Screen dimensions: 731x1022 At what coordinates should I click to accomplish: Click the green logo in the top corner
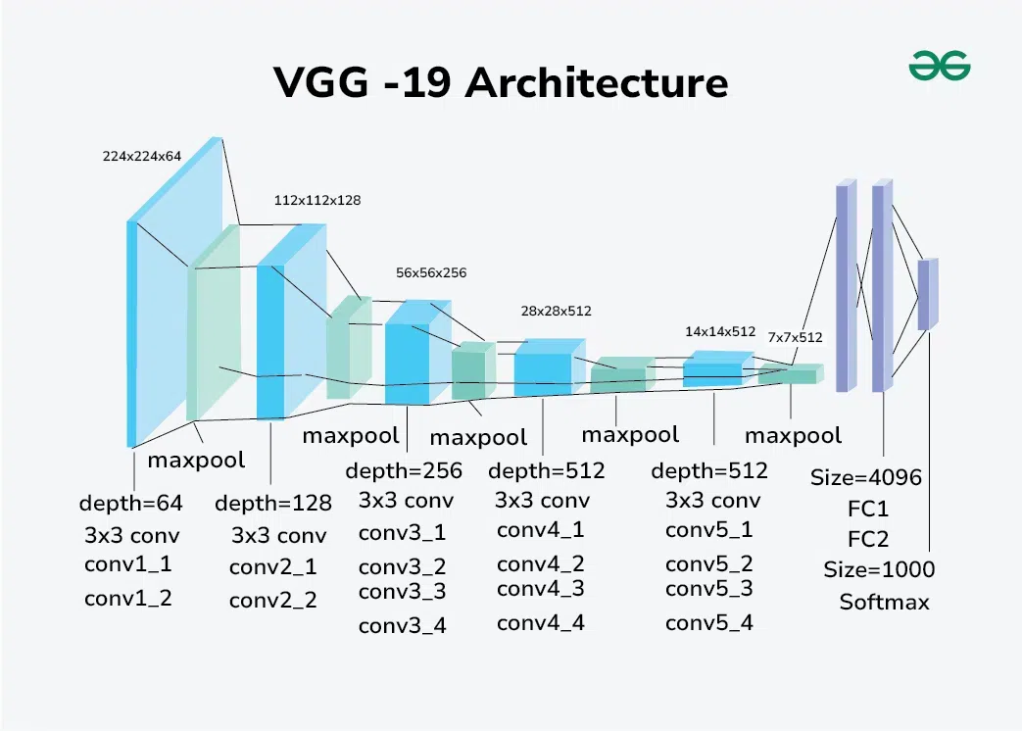(x=939, y=67)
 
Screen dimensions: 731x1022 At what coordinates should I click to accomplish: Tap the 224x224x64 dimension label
(x=142, y=155)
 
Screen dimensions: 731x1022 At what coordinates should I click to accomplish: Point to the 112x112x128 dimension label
(x=317, y=200)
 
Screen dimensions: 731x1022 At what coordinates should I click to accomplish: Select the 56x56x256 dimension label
(x=431, y=272)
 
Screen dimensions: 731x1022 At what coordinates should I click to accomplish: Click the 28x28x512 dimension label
(x=556, y=311)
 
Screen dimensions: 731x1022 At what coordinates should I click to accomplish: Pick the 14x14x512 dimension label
(x=720, y=331)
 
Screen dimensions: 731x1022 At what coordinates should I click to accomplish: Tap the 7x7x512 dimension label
(x=795, y=337)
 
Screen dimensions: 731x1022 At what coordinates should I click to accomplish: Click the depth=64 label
(x=131, y=504)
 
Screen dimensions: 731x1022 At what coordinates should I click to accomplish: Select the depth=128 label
(x=273, y=504)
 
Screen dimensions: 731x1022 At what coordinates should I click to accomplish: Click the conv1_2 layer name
(x=128, y=598)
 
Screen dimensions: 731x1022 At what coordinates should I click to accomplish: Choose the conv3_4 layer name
(x=403, y=625)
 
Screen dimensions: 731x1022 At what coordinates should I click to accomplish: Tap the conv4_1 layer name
(x=541, y=530)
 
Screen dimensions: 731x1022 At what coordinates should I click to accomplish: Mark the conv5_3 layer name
(x=709, y=589)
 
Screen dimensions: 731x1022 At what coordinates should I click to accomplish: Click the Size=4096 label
(x=866, y=478)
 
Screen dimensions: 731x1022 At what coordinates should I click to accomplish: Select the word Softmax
(x=884, y=602)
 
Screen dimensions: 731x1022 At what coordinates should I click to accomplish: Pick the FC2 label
(x=868, y=539)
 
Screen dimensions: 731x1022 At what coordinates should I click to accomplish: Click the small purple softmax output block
(x=927, y=294)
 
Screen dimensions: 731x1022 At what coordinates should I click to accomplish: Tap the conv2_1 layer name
(x=273, y=567)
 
